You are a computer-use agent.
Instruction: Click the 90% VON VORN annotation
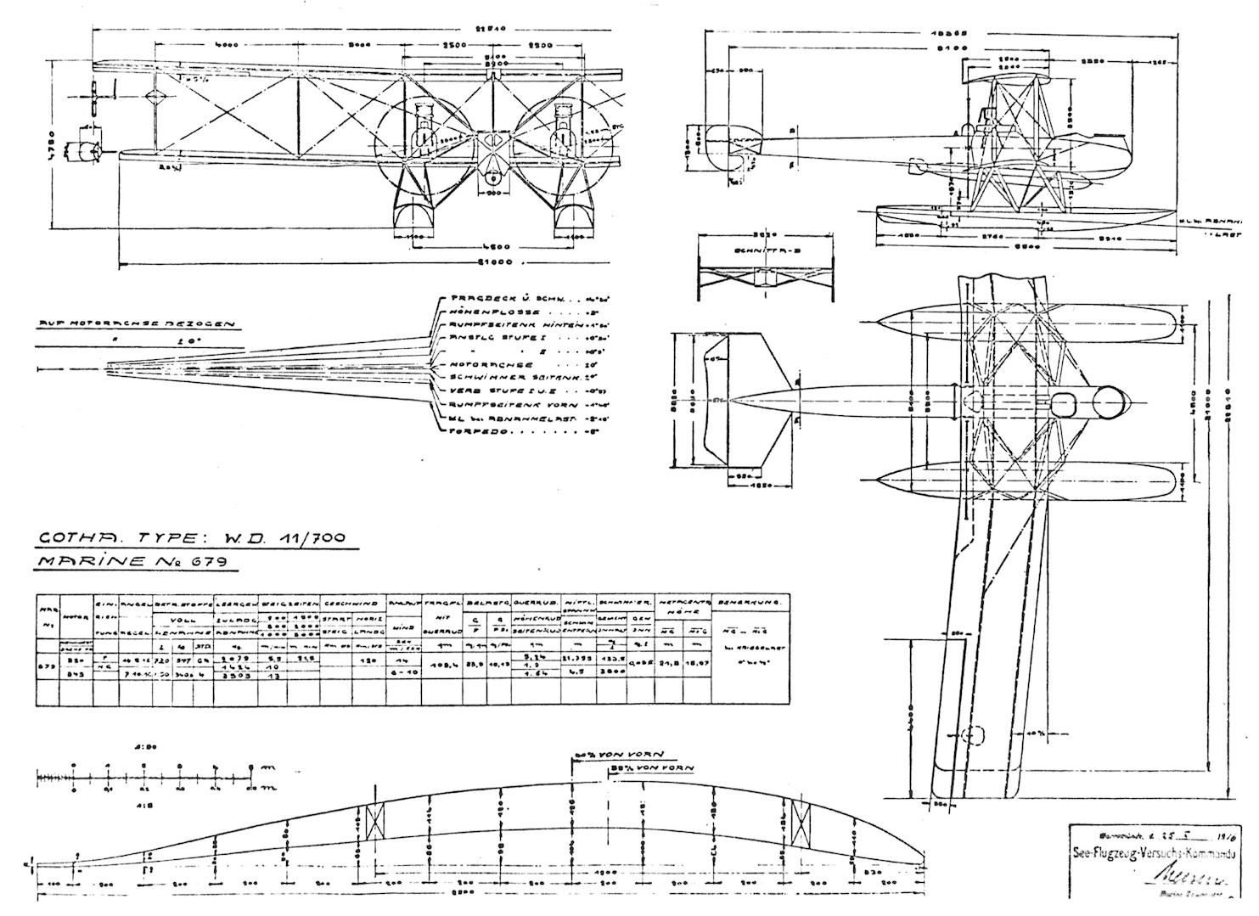click(619, 754)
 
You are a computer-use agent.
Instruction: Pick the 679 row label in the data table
click(48, 665)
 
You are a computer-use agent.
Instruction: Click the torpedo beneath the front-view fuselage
click(492, 177)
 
